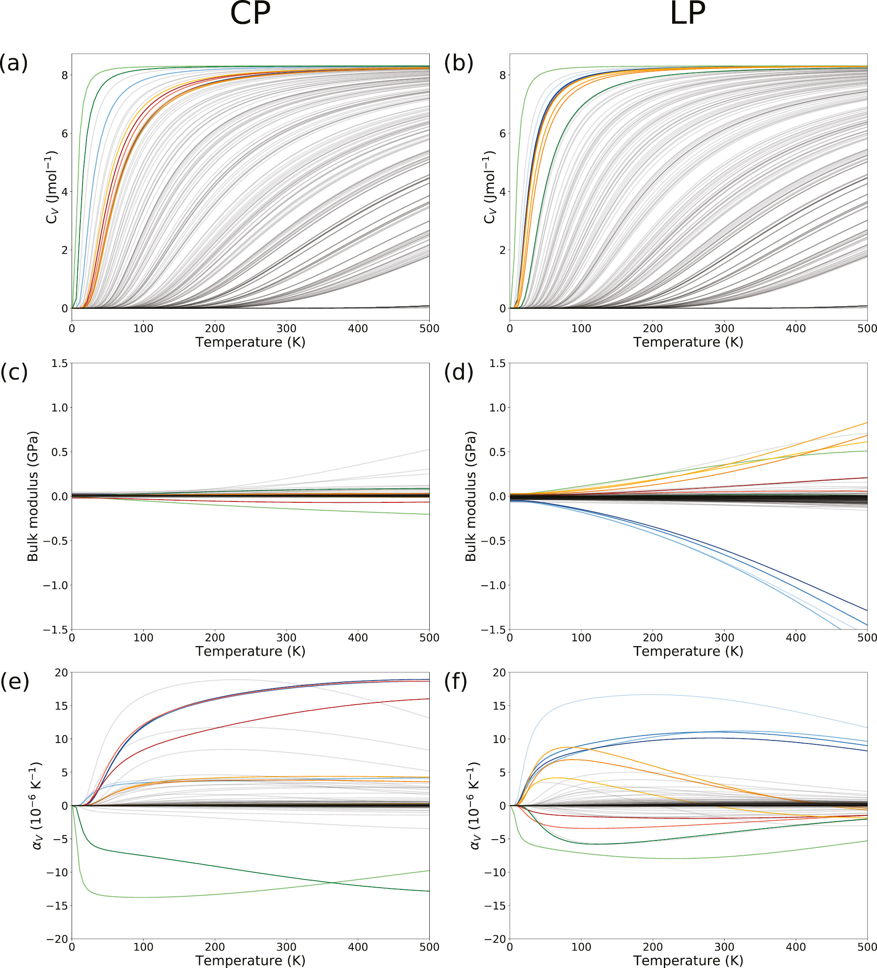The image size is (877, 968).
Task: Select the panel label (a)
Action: pyautogui.click(x=14, y=63)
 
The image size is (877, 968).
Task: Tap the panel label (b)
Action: pyautogui.click(x=459, y=63)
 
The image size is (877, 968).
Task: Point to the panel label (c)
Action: pyautogui.click(x=14, y=372)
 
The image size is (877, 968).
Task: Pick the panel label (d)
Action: pyautogui.click(x=459, y=372)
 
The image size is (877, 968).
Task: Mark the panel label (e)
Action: pyautogui.click(x=14, y=681)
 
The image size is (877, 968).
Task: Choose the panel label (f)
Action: pyautogui.click(x=456, y=681)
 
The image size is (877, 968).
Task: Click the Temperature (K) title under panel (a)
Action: pyautogui.click(x=250, y=342)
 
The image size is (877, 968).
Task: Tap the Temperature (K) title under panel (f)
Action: pyautogui.click(x=688, y=960)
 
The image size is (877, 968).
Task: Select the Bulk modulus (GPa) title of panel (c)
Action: pyautogui.click(x=33, y=496)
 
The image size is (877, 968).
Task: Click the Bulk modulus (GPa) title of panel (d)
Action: pyautogui.click(x=470, y=496)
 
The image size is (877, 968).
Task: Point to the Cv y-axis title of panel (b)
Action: pyautogui.click(x=489, y=187)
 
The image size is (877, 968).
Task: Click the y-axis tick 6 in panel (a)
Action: pyautogui.click(x=65, y=134)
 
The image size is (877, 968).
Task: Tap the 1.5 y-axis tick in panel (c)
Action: pyautogui.click(x=59, y=363)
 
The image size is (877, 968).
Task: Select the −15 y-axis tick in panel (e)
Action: pyautogui.click(x=58, y=906)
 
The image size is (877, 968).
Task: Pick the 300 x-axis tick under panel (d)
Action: pyautogui.click(x=724, y=638)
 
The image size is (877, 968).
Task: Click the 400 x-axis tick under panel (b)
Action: pyautogui.click(x=795, y=328)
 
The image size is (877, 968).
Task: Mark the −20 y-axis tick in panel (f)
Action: pyautogui.click(x=495, y=939)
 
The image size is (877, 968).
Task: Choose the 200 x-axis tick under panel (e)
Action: pyautogui.click(x=214, y=947)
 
